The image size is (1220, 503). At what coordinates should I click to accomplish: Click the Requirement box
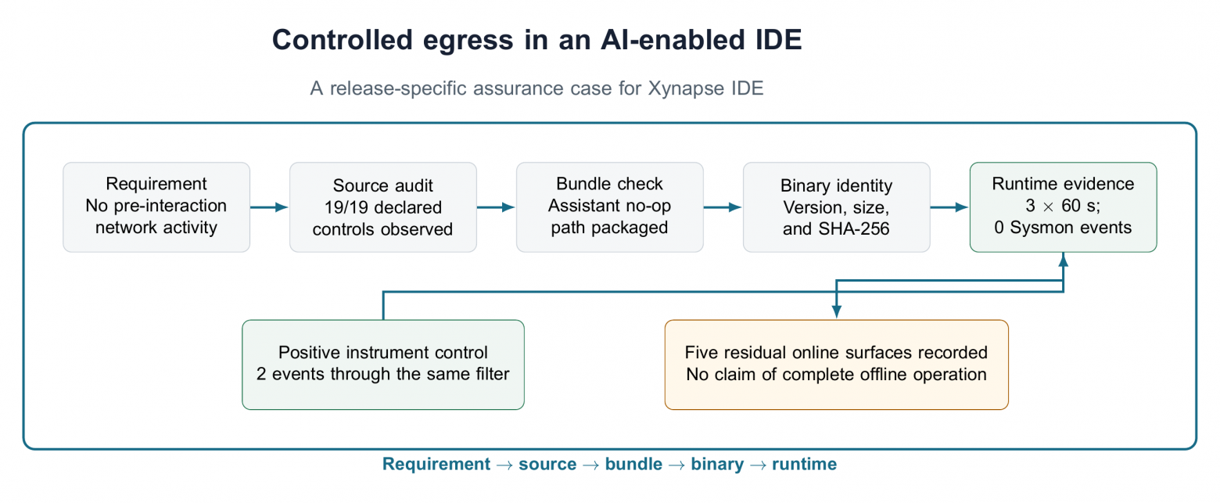pos(156,207)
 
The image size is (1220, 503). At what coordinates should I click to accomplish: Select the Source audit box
pos(383,207)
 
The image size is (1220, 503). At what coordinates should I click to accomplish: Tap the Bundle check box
pos(609,207)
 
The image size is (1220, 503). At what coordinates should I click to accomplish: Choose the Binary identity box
pos(836,207)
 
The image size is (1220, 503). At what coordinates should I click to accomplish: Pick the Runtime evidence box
pos(1063,207)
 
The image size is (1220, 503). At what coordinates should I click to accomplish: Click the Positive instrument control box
pos(383,365)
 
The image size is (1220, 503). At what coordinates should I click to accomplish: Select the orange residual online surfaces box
pos(837,365)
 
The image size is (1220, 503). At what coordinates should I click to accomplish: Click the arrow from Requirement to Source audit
pos(270,207)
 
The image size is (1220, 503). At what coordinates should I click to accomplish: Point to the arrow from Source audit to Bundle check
pos(496,207)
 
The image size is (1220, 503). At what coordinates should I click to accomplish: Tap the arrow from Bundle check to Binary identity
pos(723,207)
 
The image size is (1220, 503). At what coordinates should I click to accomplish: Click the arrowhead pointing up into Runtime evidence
pos(1063,260)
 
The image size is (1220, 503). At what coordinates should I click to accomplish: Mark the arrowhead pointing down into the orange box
pos(837,311)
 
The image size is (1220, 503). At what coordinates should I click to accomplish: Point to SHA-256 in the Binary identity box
pos(855,229)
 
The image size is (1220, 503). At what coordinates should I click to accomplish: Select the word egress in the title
pos(468,41)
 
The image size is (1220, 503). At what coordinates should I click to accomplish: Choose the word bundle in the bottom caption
pos(634,464)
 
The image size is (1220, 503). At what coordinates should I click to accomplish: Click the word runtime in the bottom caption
pos(805,464)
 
